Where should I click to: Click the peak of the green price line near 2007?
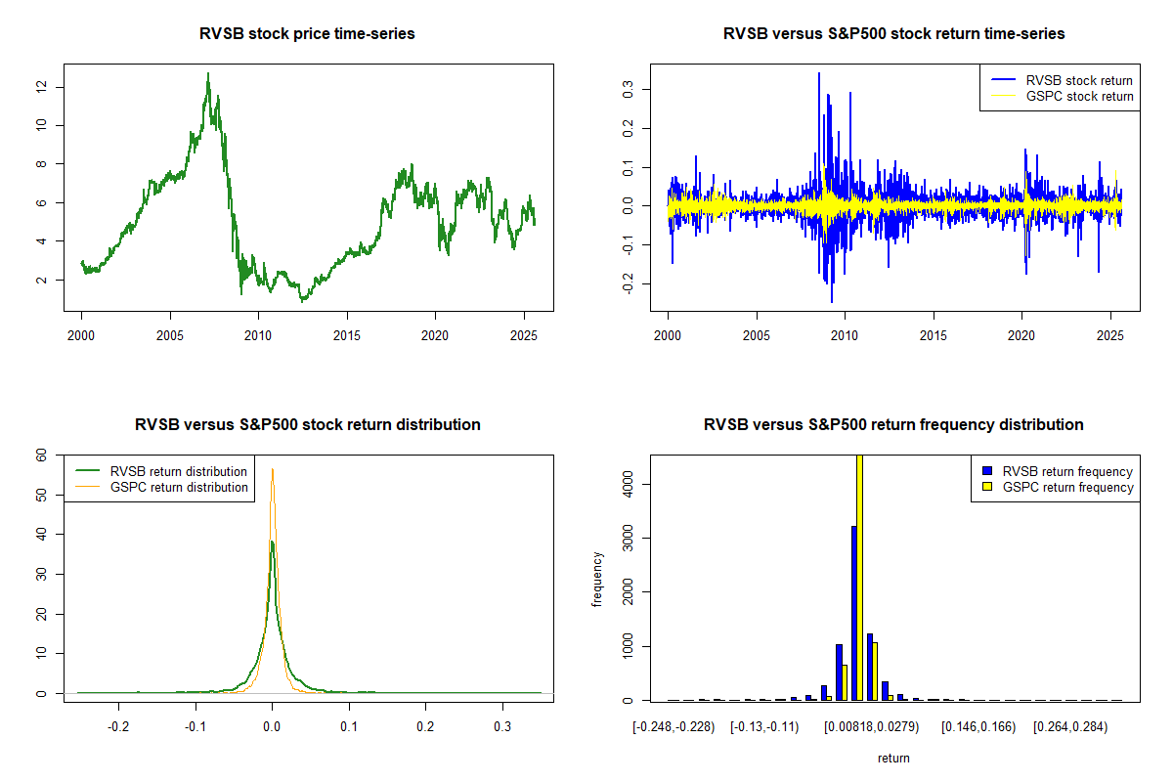tap(207, 73)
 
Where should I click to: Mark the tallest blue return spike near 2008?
tap(819, 73)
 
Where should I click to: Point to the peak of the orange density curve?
tap(272, 470)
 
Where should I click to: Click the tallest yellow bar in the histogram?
tap(860, 577)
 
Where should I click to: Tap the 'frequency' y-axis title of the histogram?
tap(597, 579)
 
